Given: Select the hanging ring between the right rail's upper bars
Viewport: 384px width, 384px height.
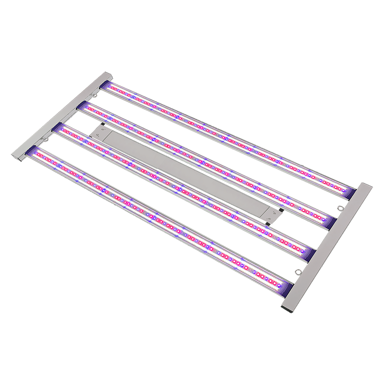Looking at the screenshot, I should [x=340, y=208].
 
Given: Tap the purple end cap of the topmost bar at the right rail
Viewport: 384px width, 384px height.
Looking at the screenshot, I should [x=349, y=193].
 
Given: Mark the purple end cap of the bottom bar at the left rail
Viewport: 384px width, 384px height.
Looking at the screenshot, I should [x=35, y=152].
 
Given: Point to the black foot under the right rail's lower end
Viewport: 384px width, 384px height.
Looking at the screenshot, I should [x=288, y=311].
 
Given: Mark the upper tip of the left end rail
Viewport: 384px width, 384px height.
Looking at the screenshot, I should [x=107, y=75].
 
